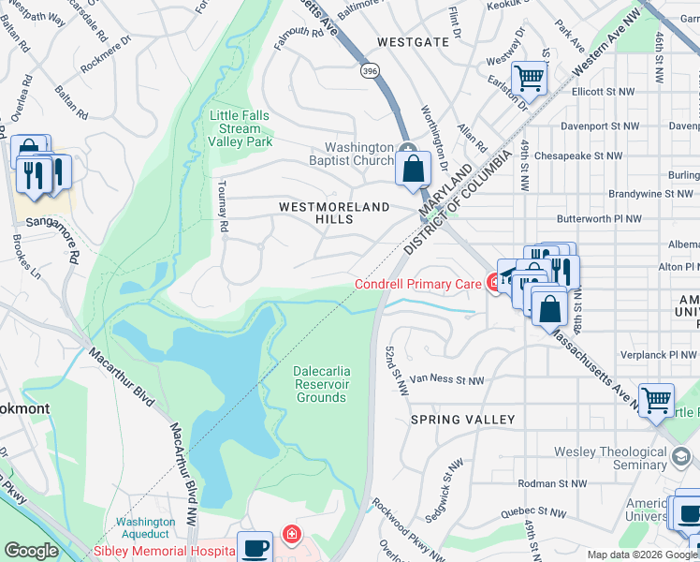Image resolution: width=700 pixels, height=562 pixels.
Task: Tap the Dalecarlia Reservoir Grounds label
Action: [321, 384]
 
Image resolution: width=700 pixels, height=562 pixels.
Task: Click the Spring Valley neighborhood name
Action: [462, 420]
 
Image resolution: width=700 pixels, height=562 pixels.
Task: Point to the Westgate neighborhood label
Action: [413, 42]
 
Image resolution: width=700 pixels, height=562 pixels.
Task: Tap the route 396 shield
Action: [370, 70]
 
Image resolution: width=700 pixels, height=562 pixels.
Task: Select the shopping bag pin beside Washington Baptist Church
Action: [412, 170]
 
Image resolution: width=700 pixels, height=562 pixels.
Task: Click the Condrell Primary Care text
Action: [416, 284]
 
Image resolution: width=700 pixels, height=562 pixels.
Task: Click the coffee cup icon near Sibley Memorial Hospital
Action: [255, 547]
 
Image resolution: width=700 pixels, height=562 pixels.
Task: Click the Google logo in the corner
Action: [31, 552]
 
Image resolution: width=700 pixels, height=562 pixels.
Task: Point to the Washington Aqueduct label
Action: [145, 528]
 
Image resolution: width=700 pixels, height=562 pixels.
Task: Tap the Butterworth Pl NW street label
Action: [599, 218]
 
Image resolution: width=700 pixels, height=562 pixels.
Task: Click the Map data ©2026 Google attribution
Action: [641, 555]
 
